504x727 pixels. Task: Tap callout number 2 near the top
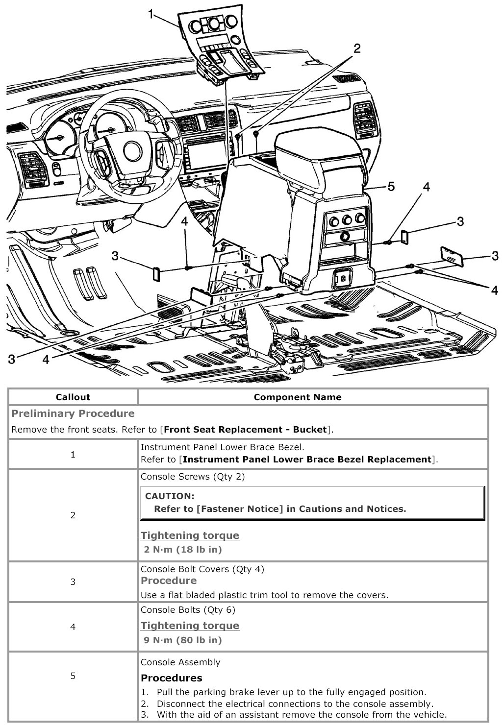357,48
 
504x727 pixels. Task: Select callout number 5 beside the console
391,186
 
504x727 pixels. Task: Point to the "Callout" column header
73,397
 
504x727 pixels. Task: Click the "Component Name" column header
297,397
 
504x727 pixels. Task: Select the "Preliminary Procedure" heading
73,413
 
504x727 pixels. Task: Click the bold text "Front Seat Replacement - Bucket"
245,430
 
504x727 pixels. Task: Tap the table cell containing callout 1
73,454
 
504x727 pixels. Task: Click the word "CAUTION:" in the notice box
170,496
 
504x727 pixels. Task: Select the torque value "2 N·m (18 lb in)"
183,549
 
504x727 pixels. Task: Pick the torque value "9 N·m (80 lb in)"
183,640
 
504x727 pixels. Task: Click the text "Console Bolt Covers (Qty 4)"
202,569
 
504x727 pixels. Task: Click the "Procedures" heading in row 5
171,678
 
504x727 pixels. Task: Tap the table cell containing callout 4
73,627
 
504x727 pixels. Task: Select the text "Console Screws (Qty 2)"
192,476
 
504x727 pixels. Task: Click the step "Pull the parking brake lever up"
291,692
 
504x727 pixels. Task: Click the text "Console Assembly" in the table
180,662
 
